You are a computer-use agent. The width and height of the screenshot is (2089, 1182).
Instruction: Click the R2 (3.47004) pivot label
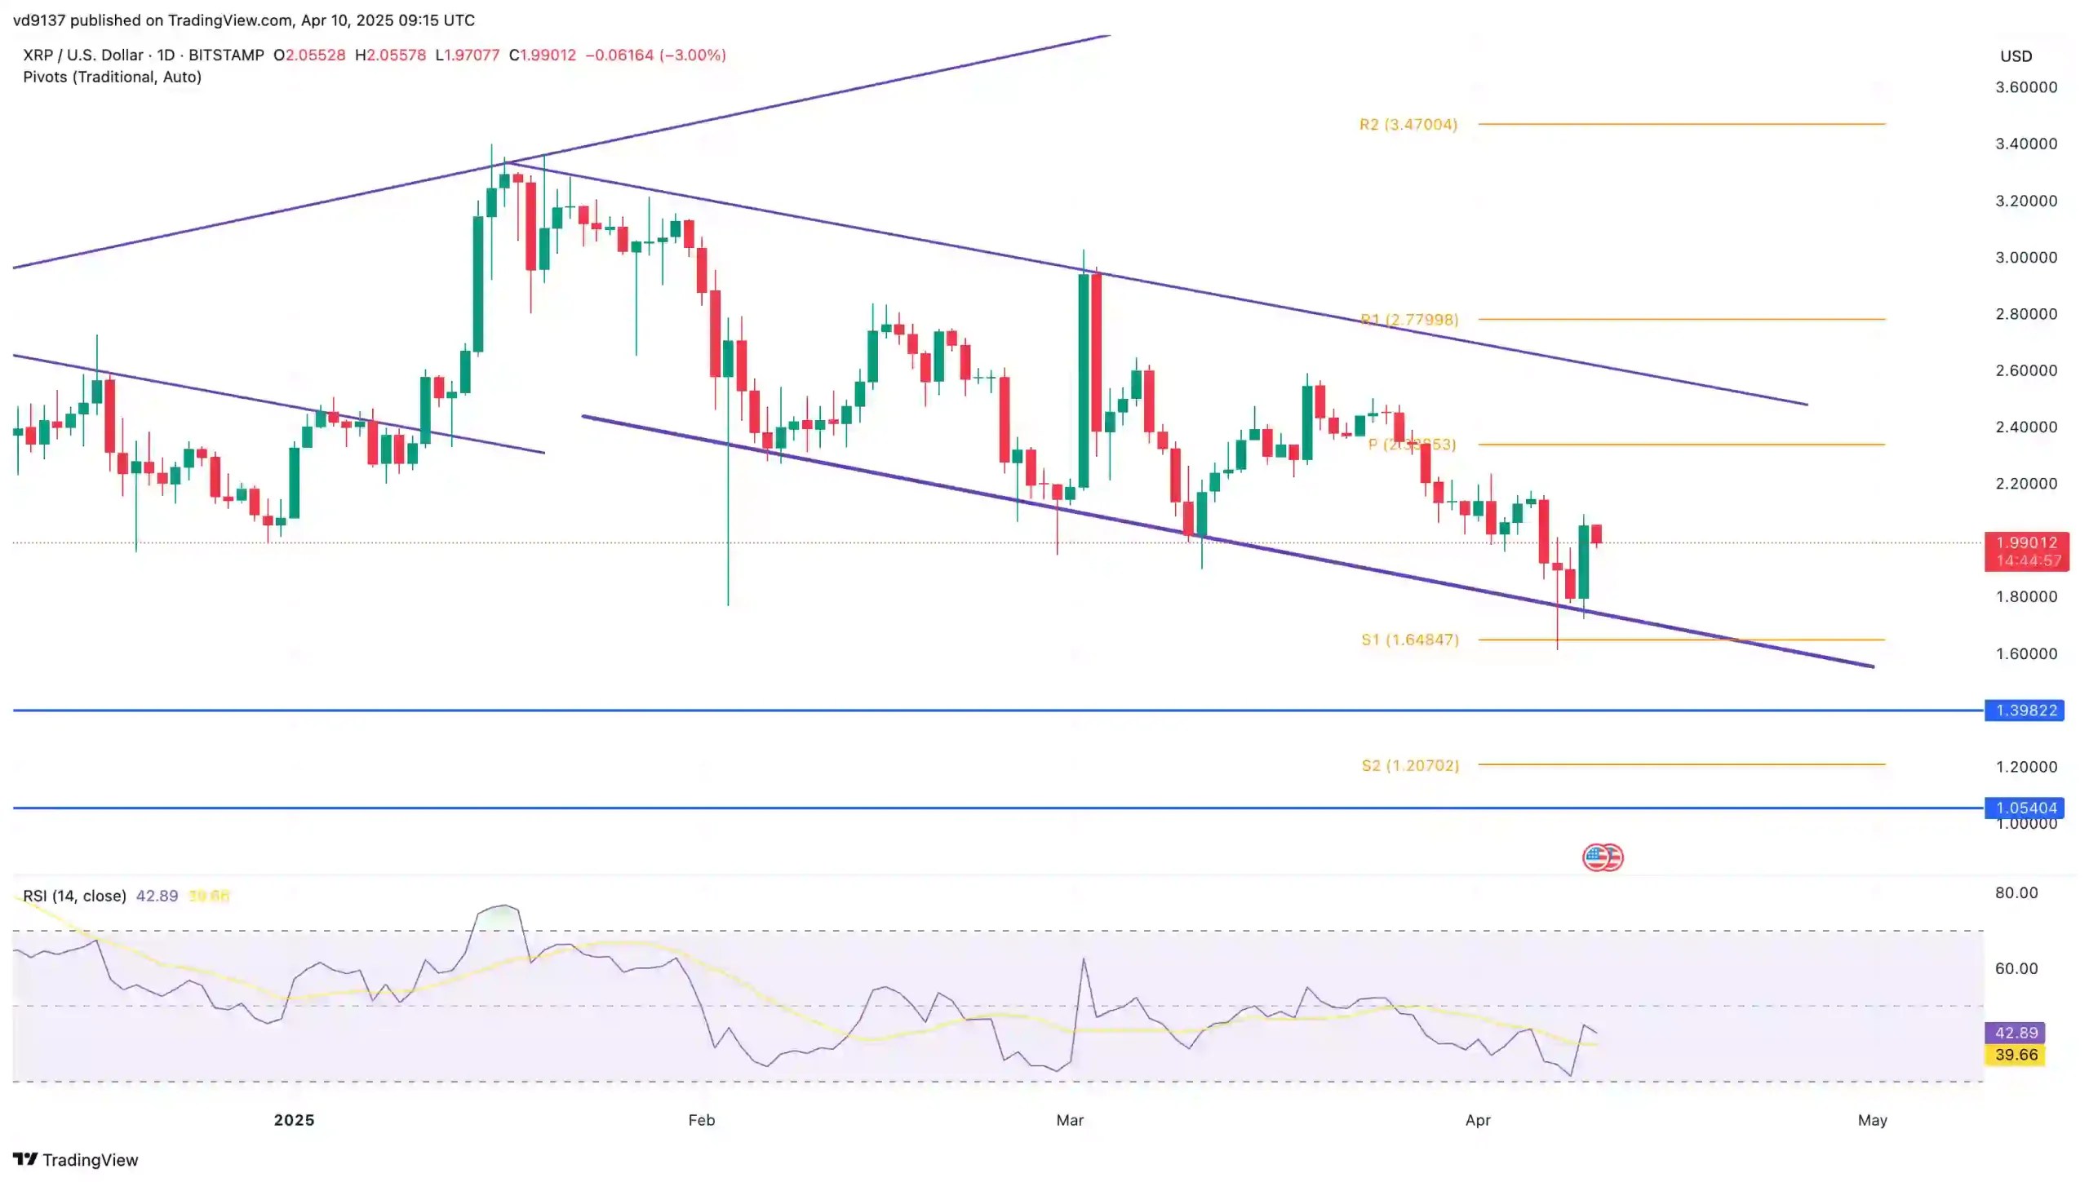coord(1408,125)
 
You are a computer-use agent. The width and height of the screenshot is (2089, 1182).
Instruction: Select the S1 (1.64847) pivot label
coord(1409,640)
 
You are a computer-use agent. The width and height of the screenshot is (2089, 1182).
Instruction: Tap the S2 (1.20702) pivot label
coord(1409,765)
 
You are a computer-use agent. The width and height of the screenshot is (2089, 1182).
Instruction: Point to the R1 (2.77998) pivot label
coord(1408,320)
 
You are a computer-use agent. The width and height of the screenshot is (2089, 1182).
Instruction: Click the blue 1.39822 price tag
coord(2025,711)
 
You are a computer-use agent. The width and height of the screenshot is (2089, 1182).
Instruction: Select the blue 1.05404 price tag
coord(2025,808)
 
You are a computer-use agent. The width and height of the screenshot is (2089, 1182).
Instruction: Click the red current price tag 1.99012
coord(2026,543)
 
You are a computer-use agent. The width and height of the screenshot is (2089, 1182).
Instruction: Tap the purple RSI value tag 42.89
coord(2016,1033)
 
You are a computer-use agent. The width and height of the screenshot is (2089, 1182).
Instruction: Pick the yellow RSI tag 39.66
coord(2016,1055)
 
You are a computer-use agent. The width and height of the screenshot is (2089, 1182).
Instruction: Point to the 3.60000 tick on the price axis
coord(2025,87)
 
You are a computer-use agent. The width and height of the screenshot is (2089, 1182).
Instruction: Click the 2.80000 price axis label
coord(2025,314)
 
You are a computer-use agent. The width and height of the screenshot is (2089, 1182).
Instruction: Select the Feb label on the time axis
coord(701,1120)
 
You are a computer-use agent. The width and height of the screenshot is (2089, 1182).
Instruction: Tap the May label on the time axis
coord(1872,1120)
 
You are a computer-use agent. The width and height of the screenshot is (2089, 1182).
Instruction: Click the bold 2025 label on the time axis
coord(294,1120)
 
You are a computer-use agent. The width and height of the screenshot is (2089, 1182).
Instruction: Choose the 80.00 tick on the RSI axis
coord(2016,892)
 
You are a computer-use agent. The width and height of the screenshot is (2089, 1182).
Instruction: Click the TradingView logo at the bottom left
coord(76,1159)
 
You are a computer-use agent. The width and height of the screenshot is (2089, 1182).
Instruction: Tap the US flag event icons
coord(1603,857)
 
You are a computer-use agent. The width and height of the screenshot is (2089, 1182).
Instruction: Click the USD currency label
coord(2016,56)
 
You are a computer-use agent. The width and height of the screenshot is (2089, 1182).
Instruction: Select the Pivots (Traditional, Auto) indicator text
coord(112,77)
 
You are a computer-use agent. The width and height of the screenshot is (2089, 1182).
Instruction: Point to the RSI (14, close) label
coord(74,896)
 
